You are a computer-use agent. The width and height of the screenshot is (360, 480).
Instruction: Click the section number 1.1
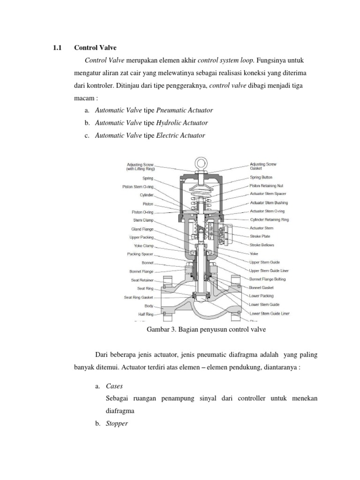(x=56, y=48)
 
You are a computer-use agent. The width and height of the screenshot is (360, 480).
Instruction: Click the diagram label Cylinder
(x=146, y=195)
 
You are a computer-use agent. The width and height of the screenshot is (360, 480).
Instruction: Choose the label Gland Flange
(x=142, y=229)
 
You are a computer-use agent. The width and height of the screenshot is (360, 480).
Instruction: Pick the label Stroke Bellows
(x=262, y=245)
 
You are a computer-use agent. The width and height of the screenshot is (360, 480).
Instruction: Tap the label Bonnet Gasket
(x=262, y=287)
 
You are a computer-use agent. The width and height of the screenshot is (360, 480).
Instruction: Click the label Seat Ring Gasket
(x=139, y=297)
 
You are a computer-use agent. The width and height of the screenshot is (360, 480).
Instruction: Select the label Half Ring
(x=145, y=314)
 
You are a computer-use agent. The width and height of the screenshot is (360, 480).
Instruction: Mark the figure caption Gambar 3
(x=206, y=330)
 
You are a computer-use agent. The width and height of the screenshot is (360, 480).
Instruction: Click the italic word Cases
(x=114, y=387)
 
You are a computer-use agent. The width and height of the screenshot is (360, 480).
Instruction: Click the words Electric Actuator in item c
(x=180, y=135)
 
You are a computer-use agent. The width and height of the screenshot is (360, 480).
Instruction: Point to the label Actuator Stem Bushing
(x=269, y=203)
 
